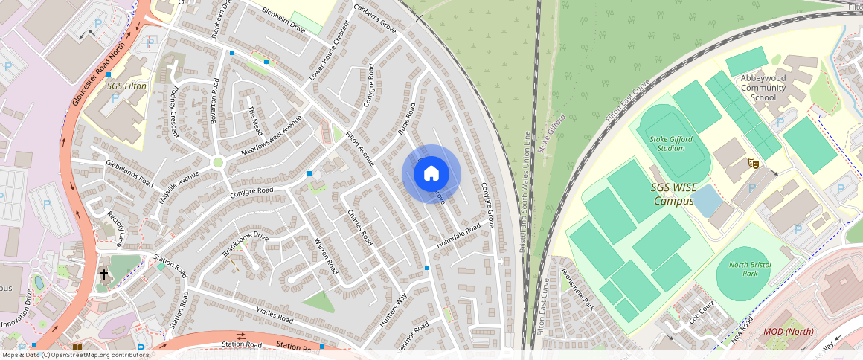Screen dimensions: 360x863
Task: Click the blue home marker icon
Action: (431, 174)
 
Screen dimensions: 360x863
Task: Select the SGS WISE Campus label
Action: (675, 193)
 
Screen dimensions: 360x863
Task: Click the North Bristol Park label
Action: (748, 269)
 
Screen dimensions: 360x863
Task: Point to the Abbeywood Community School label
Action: (763, 88)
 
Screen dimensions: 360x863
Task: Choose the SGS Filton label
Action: (127, 86)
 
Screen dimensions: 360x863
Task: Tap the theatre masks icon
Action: (753, 161)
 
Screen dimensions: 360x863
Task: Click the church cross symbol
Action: (103, 274)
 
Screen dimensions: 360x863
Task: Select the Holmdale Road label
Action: (460, 233)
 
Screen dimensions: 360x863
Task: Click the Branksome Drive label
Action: (245, 244)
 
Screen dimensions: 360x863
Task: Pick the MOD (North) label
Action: (789, 331)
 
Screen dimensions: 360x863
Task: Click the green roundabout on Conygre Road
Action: (218, 162)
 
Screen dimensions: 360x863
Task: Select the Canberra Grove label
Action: (375, 17)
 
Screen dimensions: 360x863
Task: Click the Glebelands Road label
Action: (129, 173)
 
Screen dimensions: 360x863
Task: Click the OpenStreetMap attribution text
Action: (75, 355)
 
